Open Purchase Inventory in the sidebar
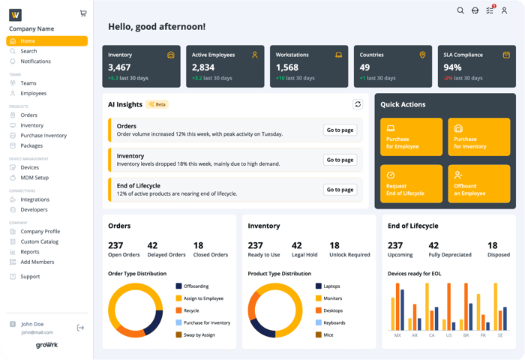[43, 136]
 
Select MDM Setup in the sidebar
[34, 178]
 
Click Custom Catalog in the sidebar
[40, 241]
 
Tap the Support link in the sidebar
[30, 277]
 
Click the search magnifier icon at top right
[460, 10]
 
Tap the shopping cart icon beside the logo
[82, 13]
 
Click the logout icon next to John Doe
[80, 328]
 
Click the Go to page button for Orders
[340, 130]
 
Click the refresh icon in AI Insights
[358, 104]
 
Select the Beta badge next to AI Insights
[157, 104]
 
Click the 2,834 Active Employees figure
[203, 67]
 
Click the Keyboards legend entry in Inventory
[334, 322]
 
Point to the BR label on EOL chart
[465, 335]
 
